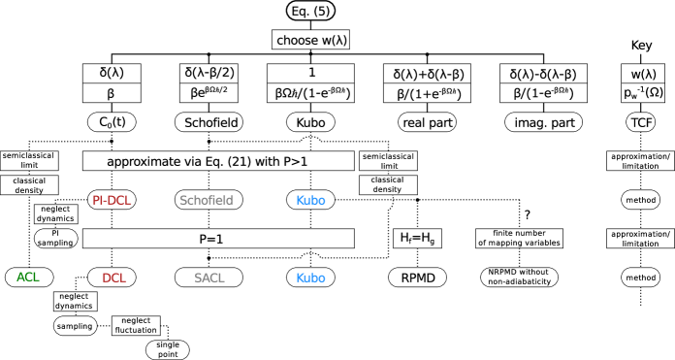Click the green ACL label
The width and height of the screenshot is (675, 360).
tap(28, 278)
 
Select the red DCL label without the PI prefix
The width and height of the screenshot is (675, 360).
tap(114, 278)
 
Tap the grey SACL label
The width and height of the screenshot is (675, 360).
tap(209, 278)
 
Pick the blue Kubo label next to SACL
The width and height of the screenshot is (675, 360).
tap(310, 278)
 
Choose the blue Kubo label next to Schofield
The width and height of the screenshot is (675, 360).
tap(310, 201)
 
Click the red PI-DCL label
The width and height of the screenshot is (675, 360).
tap(112, 201)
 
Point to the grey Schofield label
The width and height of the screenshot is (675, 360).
tap(207, 201)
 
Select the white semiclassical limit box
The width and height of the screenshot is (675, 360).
tap(388, 161)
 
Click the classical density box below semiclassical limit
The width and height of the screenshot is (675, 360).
tap(388, 184)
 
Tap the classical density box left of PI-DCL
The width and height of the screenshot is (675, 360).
tap(29, 185)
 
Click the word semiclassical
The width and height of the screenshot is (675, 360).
tap(388, 156)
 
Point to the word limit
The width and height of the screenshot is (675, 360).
tap(389, 166)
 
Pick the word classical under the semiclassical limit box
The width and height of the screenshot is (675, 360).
tap(387, 180)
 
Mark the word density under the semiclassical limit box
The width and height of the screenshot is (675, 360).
tap(387, 189)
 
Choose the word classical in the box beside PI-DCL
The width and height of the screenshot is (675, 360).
tap(29, 180)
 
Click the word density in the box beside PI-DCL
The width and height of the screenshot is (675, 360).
tap(29, 190)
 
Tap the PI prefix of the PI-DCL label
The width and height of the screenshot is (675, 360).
tap(97, 201)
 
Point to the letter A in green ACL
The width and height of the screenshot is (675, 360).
tap(20, 278)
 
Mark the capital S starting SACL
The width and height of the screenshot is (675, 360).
tap(198, 278)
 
